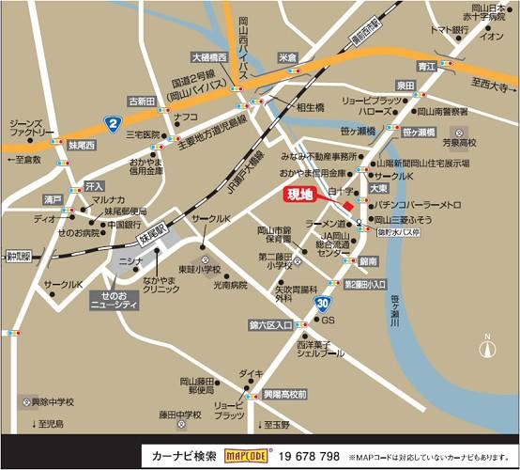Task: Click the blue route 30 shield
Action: (x=322, y=303)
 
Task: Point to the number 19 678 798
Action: (x=309, y=456)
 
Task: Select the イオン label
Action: (x=491, y=37)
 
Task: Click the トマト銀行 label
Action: (x=450, y=30)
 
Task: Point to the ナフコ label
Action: (x=186, y=117)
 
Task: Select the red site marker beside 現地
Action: (x=348, y=206)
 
